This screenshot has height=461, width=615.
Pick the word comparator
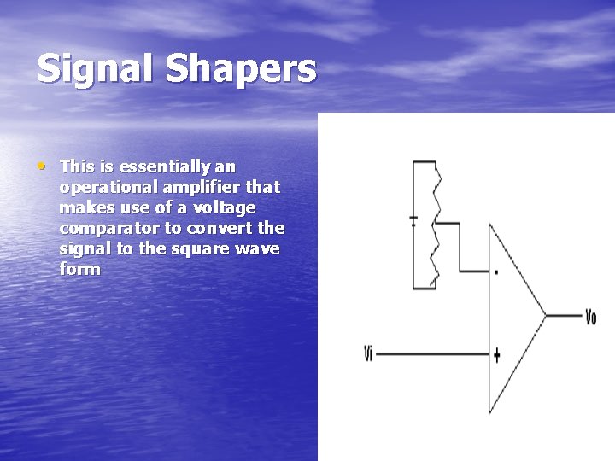[x=108, y=229]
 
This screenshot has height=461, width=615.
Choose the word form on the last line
[x=80, y=269]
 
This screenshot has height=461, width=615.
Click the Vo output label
[x=590, y=318]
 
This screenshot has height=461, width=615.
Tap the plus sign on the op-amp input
[x=496, y=354]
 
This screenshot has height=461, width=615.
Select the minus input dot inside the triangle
[x=496, y=273]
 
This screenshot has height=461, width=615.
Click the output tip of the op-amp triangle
[x=545, y=314]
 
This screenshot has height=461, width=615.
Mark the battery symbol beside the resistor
[x=413, y=220]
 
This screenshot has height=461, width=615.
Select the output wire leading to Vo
[x=563, y=315]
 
